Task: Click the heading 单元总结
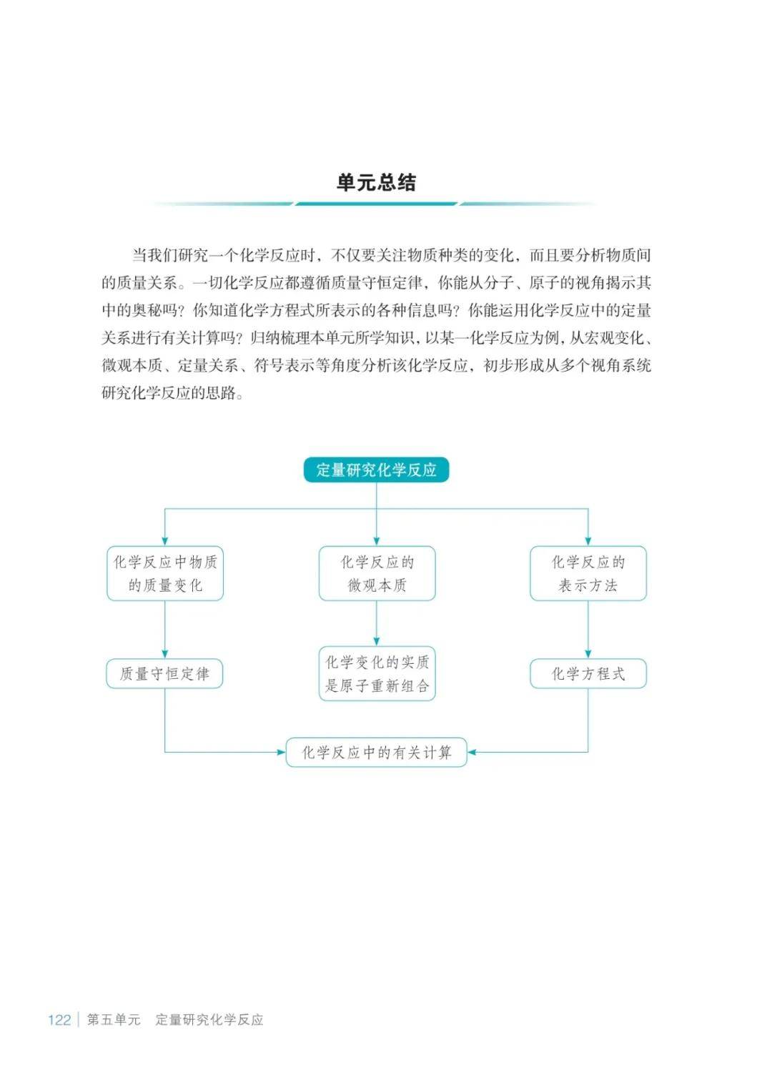pyautogui.click(x=376, y=182)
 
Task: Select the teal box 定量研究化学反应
pyautogui.click(x=376, y=470)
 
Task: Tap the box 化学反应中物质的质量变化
pyautogui.click(x=165, y=573)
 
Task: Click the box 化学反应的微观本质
pyautogui.click(x=377, y=573)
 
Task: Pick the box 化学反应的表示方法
pyautogui.click(x=588, y=573)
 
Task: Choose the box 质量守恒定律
pyautogui.click(x=165, y=674)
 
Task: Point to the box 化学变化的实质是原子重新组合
pyautogui.click(x=377, y=674)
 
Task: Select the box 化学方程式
pyautogui.click(x=588, y=674)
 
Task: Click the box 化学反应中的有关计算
pyautogui.click(x=377, y=753)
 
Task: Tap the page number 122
pyautogui.click(x=59, y=1020)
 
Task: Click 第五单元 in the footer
pyautogui.click(x=113, y=1019)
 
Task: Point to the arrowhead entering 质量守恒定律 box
pyautogui.click(x=165, y=654)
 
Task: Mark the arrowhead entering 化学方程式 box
pyautogui.click(x=588, y=654)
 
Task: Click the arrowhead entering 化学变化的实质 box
pyautogui.click(x=377, y=642)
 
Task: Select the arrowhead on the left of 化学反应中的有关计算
pyautogui.click(x=281, y=753)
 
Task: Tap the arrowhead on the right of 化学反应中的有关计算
pyautogui.click(x=472, y=753)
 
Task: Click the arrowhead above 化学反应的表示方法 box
pyautogui.click(x=588, y=541)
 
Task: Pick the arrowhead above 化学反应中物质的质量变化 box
pyautogui.click(x=165, y=541)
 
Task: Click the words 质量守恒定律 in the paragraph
pyautogui.click(x=385, y=283)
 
